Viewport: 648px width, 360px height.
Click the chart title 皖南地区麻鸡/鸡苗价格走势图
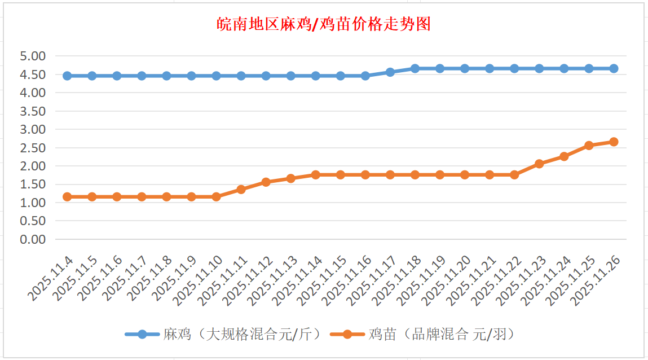pos(324,24)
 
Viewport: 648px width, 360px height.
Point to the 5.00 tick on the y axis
pos(32,56)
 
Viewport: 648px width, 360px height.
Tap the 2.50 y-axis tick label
pos(32,148)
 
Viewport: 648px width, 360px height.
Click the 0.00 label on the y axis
pos(32,239)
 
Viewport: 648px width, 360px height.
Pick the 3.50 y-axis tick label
pos(32,111)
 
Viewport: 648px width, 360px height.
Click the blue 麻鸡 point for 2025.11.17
pos(390,72)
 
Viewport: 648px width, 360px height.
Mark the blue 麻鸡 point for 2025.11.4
pos(67,76)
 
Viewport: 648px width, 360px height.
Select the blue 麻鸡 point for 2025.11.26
pos(614,68)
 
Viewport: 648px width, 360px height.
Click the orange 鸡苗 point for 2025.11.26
pos(614,142)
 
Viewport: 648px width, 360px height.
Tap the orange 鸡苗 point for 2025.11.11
pos(241,190)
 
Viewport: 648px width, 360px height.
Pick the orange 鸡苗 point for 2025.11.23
pos(539,164)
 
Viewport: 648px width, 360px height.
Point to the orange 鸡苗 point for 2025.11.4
pos(67,197)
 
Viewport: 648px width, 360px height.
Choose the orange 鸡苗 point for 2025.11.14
pos(315,175)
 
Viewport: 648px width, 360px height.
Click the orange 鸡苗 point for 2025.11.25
pos(589,146)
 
